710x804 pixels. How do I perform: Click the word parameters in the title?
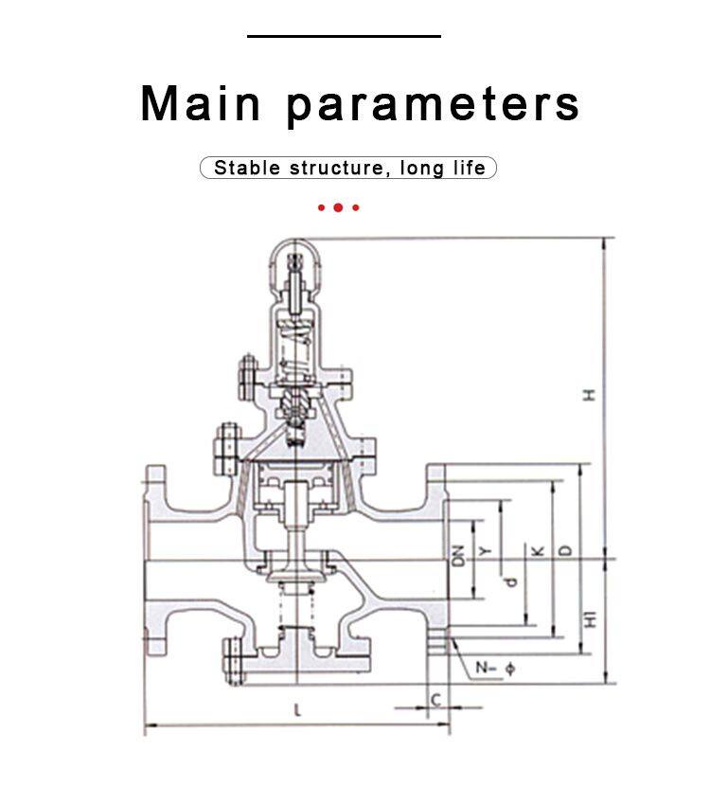tap(434, 104)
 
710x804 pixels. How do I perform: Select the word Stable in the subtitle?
tap(247, 169)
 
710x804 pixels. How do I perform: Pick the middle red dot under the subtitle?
tap(338, 206)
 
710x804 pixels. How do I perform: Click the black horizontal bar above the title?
tap(345, 36)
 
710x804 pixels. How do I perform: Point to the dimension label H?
tap(590, 395)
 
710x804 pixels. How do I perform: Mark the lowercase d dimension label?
tap(511, 580)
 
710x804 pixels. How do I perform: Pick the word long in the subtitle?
tap(421, 169)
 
